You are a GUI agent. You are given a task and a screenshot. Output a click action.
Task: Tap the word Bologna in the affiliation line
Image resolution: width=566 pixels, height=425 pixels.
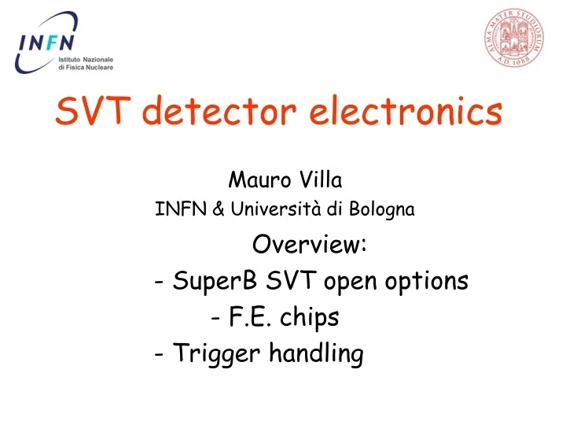pos(384,209)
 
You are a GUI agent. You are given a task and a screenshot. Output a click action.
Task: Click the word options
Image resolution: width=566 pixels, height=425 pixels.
pos(430,282)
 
